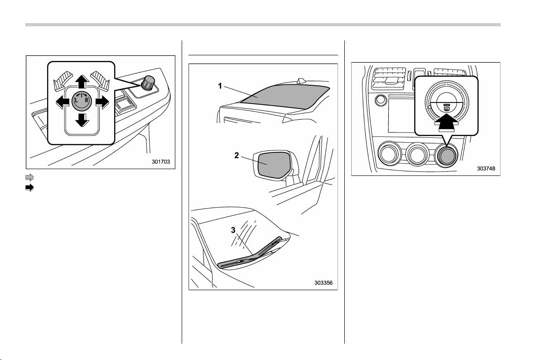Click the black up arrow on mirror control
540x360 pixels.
[82, 82]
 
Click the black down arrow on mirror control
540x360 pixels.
[82, 119]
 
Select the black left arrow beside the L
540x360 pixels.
[63, 102]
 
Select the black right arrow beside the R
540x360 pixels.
[102, 102]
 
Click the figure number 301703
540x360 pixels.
[161, 162]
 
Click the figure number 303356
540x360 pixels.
[323, 283]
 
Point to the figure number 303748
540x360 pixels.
[486, 169]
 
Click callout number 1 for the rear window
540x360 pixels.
[220, 86]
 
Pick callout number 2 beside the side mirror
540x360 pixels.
[236, 156]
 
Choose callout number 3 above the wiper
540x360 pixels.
[233, 230]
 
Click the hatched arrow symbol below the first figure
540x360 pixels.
[29, 178]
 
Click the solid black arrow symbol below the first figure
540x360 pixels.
[29, 188]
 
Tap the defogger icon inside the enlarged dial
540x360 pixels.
[446, 107]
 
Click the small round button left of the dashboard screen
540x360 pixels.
[380, 100]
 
